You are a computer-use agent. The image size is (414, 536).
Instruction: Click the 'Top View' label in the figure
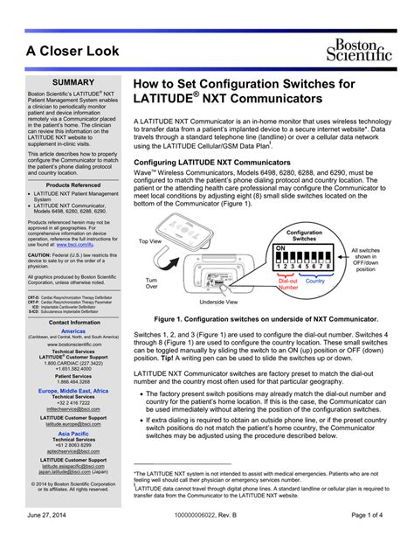point(149,240)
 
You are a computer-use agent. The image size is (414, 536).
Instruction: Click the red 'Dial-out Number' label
point(287,284)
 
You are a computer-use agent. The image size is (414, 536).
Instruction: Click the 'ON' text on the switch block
point(280,249)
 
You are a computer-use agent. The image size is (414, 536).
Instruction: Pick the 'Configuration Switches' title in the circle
point(305,235)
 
